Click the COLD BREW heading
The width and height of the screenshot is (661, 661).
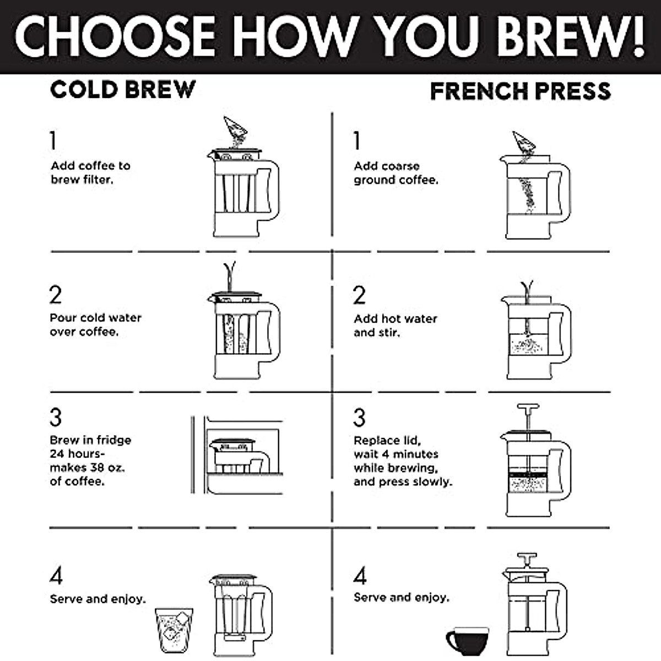(x=122, y=89)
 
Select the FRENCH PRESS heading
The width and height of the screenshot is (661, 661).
(x=521, y=91)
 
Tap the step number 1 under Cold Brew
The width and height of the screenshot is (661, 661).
(x=53, y=140)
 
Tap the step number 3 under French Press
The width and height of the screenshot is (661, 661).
(x=359, y=418)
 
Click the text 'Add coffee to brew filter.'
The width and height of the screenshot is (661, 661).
(x=90, y=172)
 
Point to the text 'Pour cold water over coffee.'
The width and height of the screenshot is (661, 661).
(x=95, y=324)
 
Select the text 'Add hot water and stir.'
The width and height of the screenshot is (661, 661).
(x=395, y=326)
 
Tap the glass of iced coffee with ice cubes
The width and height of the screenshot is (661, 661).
(x=174, y=630)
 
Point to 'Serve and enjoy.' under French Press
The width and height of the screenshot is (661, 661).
(x=401, y=597)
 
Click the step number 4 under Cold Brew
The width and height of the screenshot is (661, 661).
(x=56, y=576)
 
